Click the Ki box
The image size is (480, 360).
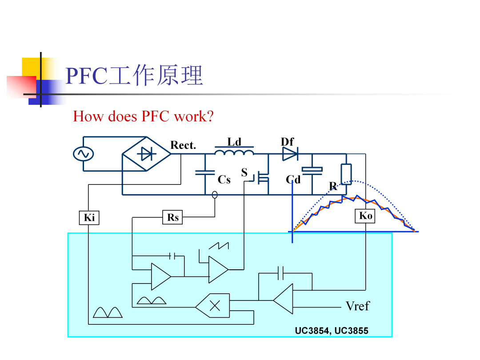tap(89, 218)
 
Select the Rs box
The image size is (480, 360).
tap(172, 217)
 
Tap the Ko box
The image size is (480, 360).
tap(365, 216)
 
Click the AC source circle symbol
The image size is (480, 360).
tap(83, 154)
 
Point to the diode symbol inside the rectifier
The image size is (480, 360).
tap(147, 154)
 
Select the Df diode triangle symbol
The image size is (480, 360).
tap(290, 154)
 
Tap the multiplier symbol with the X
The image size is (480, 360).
tap(213, 305)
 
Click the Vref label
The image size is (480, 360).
tap(357, 306)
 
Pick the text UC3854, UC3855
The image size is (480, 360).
tap(332, 331)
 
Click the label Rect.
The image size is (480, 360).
tap(183, 145)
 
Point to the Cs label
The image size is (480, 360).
tap(224, 180)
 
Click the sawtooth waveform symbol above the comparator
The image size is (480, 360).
tap(219, 245)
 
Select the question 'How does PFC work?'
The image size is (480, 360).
tap(143, 116)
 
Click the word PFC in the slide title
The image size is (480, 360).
tap(86, 76)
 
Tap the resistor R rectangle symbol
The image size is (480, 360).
tap(346, 174)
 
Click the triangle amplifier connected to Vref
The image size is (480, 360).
tap(283, 299)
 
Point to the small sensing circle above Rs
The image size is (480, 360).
tap(215, 195)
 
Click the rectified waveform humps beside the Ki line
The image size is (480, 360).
tap(108, 312)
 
